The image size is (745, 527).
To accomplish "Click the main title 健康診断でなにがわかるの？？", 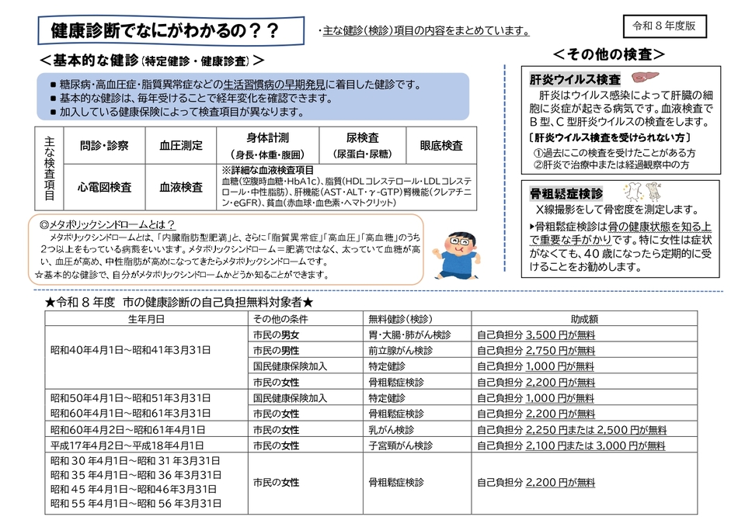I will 165,31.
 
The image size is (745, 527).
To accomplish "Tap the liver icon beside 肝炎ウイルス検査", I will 642,79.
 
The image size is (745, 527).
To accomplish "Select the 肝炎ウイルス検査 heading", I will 575,80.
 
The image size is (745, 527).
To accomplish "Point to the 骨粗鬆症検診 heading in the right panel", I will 566,192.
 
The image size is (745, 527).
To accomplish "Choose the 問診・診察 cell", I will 104,145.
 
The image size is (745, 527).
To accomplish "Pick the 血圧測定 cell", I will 181,145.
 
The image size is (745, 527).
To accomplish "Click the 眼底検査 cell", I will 441,145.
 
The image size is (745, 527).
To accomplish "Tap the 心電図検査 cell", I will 104,187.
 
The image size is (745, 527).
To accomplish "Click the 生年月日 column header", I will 146,319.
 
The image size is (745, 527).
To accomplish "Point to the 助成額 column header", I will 583,319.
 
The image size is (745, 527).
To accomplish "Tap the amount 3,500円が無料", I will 559,335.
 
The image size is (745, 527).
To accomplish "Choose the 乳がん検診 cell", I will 391,429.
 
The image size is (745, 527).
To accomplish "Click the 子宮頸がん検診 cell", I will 395,446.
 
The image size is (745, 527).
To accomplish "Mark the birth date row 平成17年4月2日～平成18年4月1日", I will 127,446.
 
